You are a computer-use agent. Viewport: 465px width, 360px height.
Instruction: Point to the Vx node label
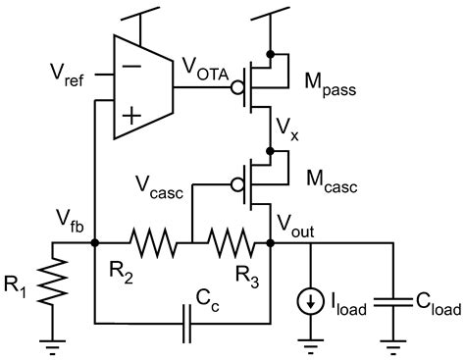coord(288,128)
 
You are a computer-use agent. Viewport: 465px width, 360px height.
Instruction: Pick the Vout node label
coord(300,225)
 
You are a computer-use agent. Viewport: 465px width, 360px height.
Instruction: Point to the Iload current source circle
coord(312,303)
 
